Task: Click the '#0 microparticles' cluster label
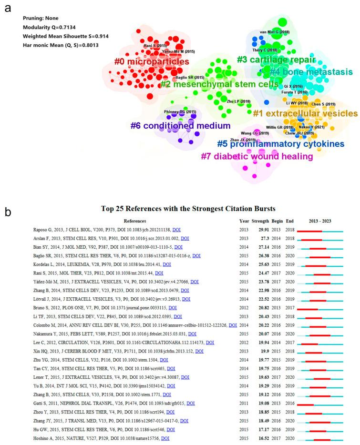tap(152, 61)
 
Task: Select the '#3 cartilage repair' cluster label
tap(276, 60)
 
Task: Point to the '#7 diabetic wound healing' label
tap(257, 156)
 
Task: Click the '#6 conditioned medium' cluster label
tap(180, 126)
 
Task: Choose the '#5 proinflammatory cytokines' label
tap(280, 143)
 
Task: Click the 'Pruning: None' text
tap(41, 18)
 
